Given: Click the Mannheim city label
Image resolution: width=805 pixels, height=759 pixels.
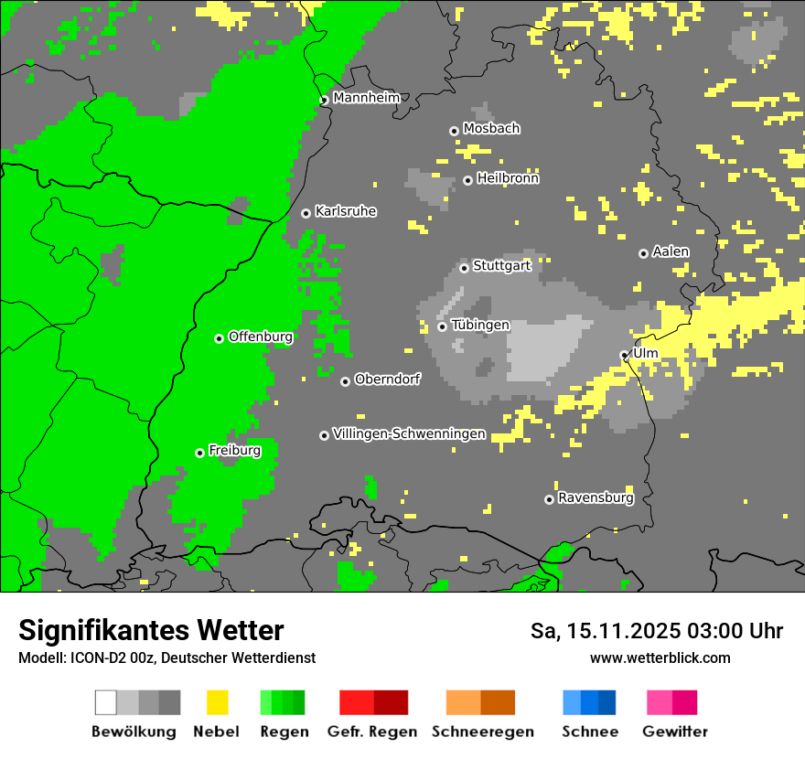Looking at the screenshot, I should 366,98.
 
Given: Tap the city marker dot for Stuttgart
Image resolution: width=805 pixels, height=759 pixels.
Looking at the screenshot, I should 464,268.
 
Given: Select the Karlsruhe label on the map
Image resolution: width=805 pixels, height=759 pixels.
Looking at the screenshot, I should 345,211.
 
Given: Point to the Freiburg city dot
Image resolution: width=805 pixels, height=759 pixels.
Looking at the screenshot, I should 199,453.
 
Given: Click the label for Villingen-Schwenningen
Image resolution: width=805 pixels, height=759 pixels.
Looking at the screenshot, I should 409,434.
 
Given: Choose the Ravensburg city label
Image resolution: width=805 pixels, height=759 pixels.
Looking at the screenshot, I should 596,498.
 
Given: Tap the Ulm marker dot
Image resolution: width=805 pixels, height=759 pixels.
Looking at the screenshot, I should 624,355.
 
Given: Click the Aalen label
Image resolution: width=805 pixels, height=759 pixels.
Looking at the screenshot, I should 671,251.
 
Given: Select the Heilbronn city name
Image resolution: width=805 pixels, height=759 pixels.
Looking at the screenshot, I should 508,178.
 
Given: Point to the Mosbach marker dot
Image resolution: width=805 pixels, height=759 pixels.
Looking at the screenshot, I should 454,131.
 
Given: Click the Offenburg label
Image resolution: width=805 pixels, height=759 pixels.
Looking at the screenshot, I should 261,337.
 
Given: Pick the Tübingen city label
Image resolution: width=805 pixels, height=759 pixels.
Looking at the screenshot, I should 480,326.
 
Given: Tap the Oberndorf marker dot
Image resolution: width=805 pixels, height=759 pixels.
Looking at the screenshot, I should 345,381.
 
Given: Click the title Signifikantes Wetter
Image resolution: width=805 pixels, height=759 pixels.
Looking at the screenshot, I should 151,631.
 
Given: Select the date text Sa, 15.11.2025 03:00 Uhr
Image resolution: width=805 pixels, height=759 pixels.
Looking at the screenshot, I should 656,631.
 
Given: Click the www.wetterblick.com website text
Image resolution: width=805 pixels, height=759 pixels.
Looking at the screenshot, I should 660,658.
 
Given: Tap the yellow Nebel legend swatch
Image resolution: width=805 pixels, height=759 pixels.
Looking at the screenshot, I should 217,702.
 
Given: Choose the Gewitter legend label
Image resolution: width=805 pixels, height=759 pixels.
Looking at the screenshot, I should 674,732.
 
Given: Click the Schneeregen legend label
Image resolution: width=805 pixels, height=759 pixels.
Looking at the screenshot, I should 482,732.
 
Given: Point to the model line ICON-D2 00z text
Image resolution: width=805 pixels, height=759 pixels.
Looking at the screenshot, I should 166,658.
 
